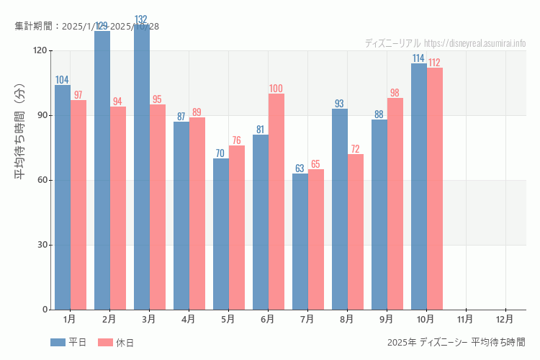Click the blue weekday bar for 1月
63,197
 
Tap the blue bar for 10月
419,186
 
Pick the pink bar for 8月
356,232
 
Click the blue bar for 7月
300,241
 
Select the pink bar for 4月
197,213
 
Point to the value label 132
142,19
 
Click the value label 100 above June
276,89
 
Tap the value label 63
300,168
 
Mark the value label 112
434,63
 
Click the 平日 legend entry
68,343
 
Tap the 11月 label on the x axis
465,318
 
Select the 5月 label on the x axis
228,318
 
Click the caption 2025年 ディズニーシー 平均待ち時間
456,342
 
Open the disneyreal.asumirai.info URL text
475,43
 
